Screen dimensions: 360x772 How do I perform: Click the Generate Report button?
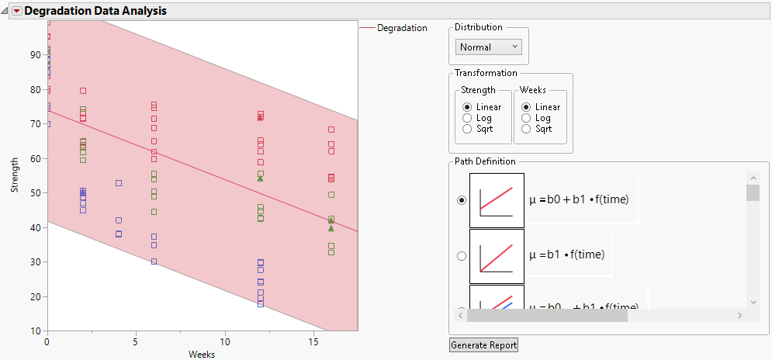pyautogui.click(x=483, y=344)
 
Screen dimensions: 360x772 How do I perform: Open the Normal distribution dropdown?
pyautogui.click(x=489, y=47)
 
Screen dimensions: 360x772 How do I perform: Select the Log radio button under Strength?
pyautogui.click(x=466, y=118)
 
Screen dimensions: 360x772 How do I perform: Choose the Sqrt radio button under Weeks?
pyautogui.click(x=527, y=129)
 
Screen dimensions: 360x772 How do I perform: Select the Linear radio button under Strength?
pyautogui.click(x=466, y=107)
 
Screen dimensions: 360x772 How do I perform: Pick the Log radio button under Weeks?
pyautogui.click(x=527, y=118)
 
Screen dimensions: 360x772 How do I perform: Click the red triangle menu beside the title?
pyautogui.click(x=17, y=12)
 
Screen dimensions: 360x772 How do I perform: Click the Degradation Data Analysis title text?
pyautogui.click(x=95, y=12)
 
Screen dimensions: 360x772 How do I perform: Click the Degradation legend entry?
pyautogui.click(x=401, y=28)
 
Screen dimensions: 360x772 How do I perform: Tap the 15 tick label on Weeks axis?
pyautogui.click(x=313, y=341)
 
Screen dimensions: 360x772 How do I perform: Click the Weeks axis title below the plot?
pyautogui.click(x=202, y=355)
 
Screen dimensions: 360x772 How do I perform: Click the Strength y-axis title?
pyautogui.click(x=15, y=176)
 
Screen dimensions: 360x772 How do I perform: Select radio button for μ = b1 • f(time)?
pyautogui.click(x=462, y=255)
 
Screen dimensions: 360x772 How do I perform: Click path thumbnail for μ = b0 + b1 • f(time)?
pyautogui.click(x=497, y=200)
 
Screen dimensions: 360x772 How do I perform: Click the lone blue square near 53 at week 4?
pyautogui.click(x=119, y=183)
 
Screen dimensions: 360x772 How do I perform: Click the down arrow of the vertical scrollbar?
pyautogui.click(x=753, y=301)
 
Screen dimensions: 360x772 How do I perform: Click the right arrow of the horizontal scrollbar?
pyautogui.click(x=739, y=315)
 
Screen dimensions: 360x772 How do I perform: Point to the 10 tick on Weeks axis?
pyautogui.click(x=224, y=341)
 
